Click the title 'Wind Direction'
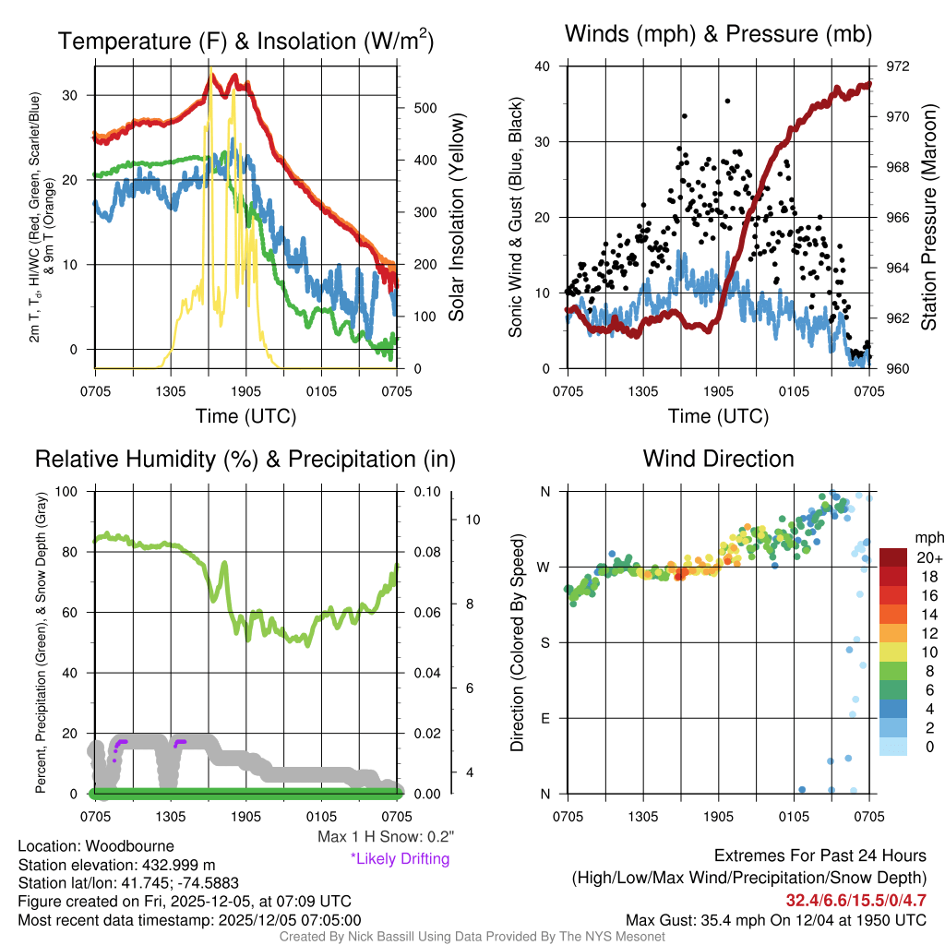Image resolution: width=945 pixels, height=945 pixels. (718, 459)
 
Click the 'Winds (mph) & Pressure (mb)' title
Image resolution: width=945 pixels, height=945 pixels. (718, 35)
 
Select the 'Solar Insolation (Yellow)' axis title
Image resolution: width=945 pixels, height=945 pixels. (457, 218)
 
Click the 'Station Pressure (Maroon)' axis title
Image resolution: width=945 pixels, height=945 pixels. (928, 218)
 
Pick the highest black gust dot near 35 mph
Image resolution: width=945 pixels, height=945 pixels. (727, 101)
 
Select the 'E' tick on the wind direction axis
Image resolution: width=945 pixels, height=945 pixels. (545, 718)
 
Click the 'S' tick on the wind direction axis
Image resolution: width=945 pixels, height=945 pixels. (545, 642)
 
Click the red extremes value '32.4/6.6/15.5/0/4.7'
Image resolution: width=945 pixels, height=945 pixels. (855, 900)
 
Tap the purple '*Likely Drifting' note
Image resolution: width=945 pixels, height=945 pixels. (400, 858)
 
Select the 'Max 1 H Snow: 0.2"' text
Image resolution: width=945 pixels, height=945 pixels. (385, 837)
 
